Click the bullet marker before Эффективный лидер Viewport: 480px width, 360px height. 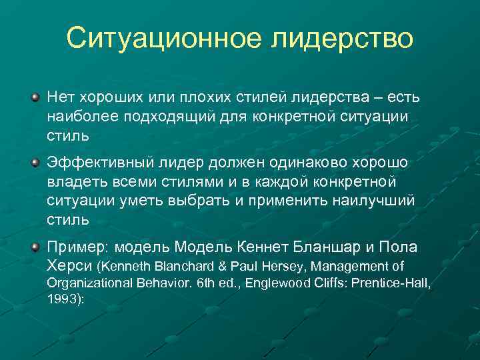tap(35, 163)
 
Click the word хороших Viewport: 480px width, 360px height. tap(109, 98)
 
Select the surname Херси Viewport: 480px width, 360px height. tap(69, 267)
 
